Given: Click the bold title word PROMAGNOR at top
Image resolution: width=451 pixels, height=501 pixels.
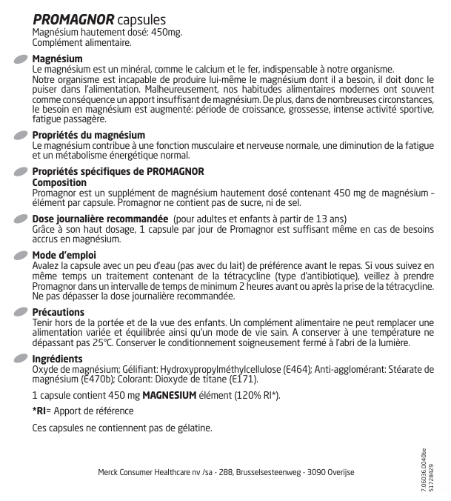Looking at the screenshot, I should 73,19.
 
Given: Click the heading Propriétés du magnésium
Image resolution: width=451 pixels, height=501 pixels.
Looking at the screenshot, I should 89,136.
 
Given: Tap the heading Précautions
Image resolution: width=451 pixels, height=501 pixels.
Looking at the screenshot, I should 59,312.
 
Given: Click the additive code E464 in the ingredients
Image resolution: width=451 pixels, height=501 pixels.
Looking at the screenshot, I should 295,368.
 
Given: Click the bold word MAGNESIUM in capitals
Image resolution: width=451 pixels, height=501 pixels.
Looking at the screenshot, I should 169,395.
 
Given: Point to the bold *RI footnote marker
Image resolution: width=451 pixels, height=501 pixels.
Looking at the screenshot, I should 41,411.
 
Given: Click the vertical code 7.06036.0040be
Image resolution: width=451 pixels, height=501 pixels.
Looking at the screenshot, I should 423,467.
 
